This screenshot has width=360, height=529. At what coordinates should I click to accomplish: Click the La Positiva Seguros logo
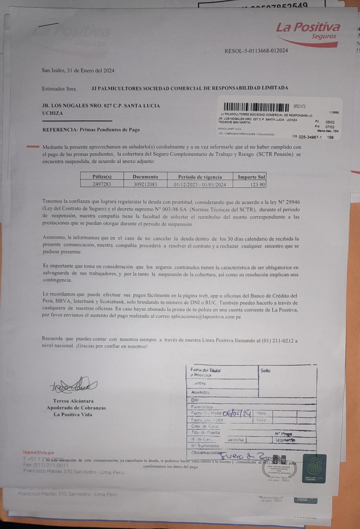click(x=307, y=32)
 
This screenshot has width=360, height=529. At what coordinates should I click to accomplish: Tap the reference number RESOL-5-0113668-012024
click(x=256, y=51)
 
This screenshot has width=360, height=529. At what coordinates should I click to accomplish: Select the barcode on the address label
click(x=256, y=107)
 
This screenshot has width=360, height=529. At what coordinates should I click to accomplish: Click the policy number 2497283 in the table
click(x=102, y=184)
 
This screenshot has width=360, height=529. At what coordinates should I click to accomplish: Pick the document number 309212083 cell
click(x=145, y=184)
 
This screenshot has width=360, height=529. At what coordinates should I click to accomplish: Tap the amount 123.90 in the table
click(x=258, y=184)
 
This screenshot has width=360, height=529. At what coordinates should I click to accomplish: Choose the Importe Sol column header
click(x=251, y=177)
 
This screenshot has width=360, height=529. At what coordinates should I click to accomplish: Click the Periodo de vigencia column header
click(x=200, y=177)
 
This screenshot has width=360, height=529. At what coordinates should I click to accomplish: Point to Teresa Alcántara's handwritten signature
click(x=74, y=385)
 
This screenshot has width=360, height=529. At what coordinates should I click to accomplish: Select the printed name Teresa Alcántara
click(x=73, y=401)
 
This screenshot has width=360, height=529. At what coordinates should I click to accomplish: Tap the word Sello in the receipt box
click(x=265, y=370)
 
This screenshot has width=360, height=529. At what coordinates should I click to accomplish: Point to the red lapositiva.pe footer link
click(x=38, y=452)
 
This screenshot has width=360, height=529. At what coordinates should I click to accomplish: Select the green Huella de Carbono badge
click(x=315, y=468)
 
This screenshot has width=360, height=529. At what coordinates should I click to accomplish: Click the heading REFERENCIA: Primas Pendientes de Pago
click(x=91, y=129)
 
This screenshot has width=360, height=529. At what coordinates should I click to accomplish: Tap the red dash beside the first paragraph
click(x=33, y=147)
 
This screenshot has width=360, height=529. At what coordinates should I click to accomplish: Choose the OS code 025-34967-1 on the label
click(x=309, y=137)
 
